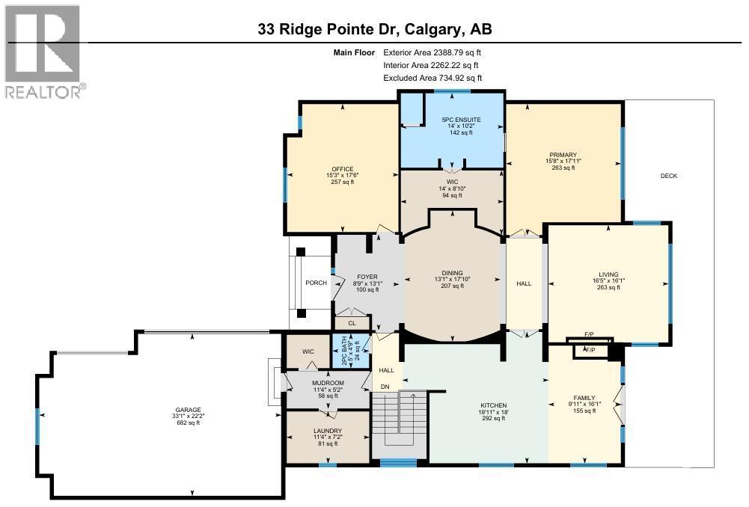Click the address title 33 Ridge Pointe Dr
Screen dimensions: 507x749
click(374, 29)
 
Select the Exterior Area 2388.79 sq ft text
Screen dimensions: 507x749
click(432, 53)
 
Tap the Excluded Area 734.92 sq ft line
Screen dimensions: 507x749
click(432, 78)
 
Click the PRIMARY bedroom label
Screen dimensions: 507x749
click(563, 154)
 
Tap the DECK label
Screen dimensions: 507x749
click(668, 176)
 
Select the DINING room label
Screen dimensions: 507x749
click(452, 273)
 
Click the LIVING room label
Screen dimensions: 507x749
click(608, 274)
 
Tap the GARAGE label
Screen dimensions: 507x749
click(189, 410)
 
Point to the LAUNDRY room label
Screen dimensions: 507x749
click(328, 431)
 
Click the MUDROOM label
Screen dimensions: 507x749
click(328, 383)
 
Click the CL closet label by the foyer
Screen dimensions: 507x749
click(352, 324)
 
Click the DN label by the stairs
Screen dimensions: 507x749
click(385, 387)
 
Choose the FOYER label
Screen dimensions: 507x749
click(367, 277)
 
